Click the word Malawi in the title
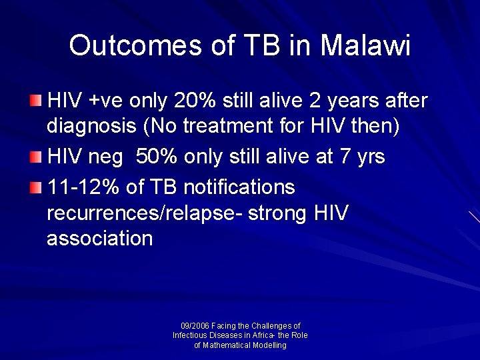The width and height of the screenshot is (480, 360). coord(365,45)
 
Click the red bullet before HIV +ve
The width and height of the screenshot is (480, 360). coord(35,101)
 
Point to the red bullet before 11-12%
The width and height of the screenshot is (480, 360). coord(35,188)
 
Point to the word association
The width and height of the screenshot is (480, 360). coord(99,239)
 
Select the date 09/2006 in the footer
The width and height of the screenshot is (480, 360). coord(195,326)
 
